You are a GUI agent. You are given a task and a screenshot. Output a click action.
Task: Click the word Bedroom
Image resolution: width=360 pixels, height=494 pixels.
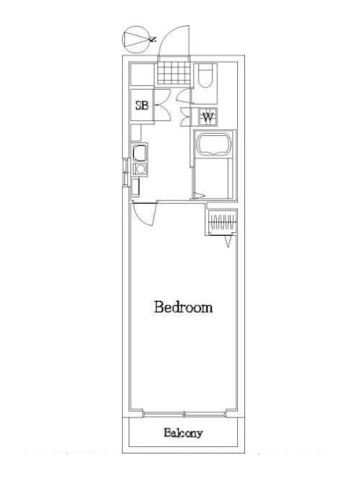tap(184, 307)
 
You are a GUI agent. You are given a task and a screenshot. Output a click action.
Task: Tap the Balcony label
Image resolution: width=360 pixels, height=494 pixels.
tap(183, 433)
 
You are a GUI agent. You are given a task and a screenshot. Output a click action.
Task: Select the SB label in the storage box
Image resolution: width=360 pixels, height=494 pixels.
tap(142, 105)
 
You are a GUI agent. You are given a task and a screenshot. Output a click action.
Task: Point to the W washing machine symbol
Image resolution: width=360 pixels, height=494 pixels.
tap(208, 117)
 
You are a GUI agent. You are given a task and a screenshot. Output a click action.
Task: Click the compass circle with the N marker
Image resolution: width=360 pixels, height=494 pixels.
tap(136, 39)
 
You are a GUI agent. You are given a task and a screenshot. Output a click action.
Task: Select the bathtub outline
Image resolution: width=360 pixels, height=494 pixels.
tap(214, 144)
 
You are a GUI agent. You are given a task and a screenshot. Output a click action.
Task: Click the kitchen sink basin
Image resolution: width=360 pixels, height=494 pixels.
tap(140, 153)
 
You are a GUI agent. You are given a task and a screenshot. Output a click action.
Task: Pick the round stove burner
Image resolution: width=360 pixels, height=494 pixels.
tap(140, 169)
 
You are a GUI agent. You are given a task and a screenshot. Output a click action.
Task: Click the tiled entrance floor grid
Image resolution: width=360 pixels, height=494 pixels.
tap(174, 72)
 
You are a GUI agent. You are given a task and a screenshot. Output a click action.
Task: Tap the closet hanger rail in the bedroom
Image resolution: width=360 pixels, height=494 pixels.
tap(223, 222)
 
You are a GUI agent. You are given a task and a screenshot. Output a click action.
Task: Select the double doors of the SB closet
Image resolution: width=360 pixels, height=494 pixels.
tap(163, 105)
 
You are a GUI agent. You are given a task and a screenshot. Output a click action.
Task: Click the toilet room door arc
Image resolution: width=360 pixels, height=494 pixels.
tap(184, 96)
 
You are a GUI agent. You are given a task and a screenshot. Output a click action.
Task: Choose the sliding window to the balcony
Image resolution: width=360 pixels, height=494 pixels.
tap(184, 414)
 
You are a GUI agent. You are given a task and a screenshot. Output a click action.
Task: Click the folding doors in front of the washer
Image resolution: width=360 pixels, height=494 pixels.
tap(186, 117)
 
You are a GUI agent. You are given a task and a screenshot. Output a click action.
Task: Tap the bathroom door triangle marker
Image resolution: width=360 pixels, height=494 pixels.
tap(198, 196)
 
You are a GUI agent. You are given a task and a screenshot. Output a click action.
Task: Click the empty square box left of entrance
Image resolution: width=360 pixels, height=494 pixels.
tap(142, 74)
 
